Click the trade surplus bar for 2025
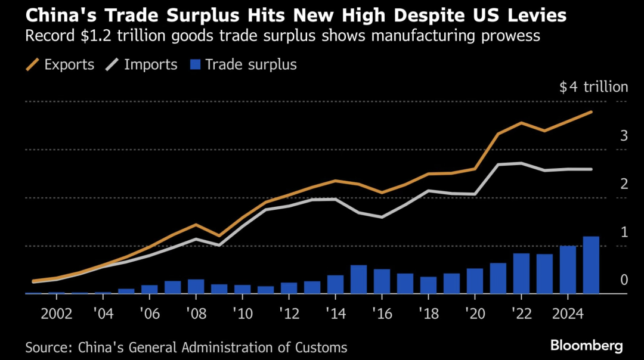591,265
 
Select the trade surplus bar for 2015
358,280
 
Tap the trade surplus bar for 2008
196,287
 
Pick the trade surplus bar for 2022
521,274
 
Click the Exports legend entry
60,64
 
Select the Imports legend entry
141,64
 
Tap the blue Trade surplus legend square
195,64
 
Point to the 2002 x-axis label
57,314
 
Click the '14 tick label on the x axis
336,314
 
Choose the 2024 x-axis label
568,314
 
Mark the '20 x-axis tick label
475,314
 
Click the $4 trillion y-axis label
593,87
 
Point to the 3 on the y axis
624,136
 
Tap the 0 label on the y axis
624,280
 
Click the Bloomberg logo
587,346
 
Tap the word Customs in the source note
321,347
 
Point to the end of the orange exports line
591,111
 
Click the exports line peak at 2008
196,225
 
